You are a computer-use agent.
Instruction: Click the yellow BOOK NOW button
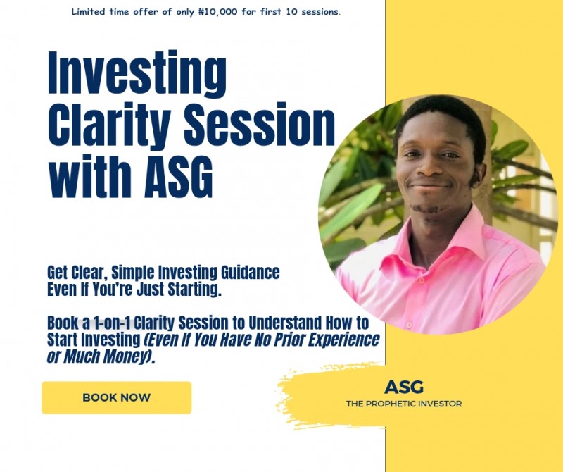(x=116, y=397)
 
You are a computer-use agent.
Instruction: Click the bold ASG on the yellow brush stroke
(x=404, y=387)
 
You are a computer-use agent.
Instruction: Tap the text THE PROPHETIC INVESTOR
(x=404, y=404)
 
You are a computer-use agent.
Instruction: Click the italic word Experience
(x=340, y=340)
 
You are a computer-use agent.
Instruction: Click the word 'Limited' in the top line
(x=89, y=12)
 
